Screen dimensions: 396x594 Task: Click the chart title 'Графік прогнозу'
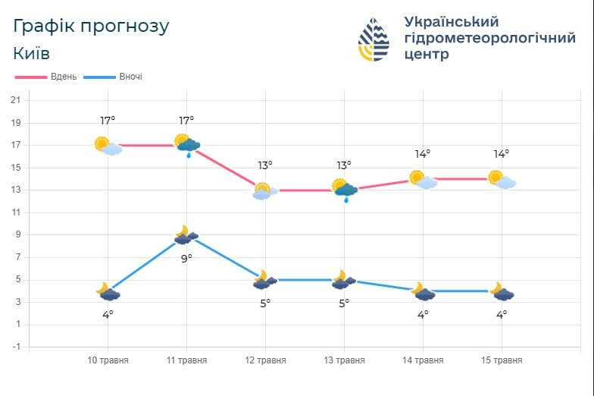point(91,26)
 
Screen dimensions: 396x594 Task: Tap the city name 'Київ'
point(32,53)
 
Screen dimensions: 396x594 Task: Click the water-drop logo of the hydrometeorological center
point(374,39)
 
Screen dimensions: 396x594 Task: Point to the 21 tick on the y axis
point(15,100)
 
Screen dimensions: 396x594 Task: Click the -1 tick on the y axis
point(15,347)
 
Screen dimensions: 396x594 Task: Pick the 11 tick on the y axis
point(15,212)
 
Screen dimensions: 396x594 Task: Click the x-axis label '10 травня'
point(108,360)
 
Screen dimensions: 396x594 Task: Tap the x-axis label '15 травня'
point(501,360)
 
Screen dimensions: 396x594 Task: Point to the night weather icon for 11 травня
point(185,236)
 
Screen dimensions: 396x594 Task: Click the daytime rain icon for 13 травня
point(345,190)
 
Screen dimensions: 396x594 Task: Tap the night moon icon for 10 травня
point(108,291)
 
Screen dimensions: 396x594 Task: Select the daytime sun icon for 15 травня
point(501,180)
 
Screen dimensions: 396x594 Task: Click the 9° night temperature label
point(186,259)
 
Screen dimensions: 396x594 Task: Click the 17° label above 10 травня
point(108,121)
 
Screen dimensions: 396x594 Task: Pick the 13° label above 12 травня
point(264,165)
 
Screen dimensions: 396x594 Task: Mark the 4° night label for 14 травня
point(422,314)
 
